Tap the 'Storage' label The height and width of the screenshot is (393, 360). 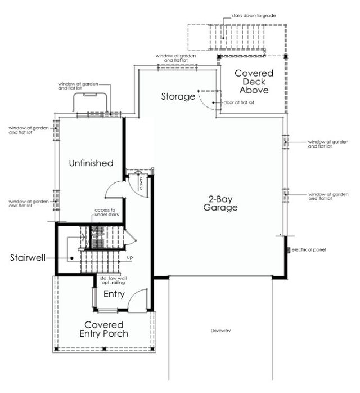pos(178,96)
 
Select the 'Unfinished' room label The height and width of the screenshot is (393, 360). pos(91,163)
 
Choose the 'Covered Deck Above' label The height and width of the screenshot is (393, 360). pos(254,82)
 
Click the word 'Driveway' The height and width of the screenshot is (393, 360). pos(221,331)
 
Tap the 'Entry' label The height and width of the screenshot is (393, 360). pos(114,294)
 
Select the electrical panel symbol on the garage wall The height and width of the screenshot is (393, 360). pos(287,249)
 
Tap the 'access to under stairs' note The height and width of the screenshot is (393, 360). pos(105,213)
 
